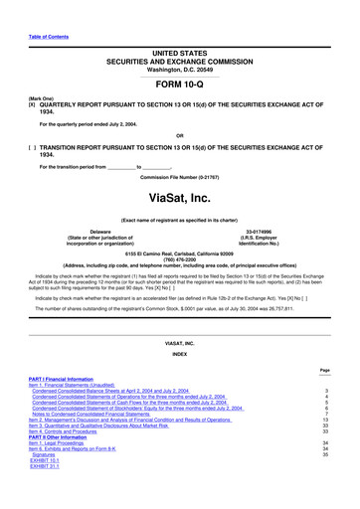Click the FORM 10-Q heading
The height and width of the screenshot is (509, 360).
[x=180, y=83]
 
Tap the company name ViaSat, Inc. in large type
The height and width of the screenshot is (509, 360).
[x=180, y=170]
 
